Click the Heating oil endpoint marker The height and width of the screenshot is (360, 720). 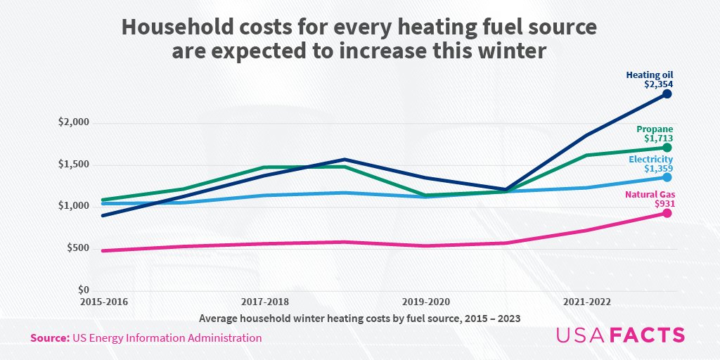pos(667,94)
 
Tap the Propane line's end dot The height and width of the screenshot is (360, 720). pos(667,148)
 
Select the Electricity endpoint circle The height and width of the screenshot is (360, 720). pos(667,177)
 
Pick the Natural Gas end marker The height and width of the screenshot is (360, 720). pos(667,213)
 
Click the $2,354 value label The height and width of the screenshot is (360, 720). pos(659,84)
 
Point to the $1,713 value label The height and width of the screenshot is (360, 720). pos(659,139)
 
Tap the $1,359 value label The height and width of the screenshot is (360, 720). pos(659,169)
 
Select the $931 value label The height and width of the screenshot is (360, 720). pos(663,204)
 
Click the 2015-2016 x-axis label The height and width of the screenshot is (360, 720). pos(104,302)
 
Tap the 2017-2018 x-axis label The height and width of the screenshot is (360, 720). pos(265,302)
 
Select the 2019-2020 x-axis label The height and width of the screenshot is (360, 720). pos(425,302)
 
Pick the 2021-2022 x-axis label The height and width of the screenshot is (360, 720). pos(586,302)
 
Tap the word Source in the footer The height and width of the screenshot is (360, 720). pos(49,338)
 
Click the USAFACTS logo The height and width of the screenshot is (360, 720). pos(619,335)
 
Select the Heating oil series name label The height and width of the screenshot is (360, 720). pos(650,74)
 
